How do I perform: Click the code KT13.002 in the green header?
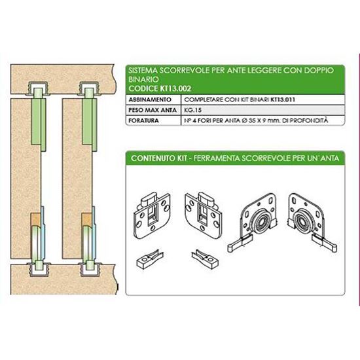pos(175,88)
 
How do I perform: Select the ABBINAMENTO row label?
pos(150,99)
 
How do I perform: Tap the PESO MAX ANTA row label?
pos(153,110)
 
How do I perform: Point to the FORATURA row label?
pos(143,120)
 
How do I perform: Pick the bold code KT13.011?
pos(283,99)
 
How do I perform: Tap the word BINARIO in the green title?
pos(143,79)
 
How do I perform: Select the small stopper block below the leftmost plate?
pos(150,259)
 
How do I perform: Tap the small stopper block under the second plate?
pos(205,259)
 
